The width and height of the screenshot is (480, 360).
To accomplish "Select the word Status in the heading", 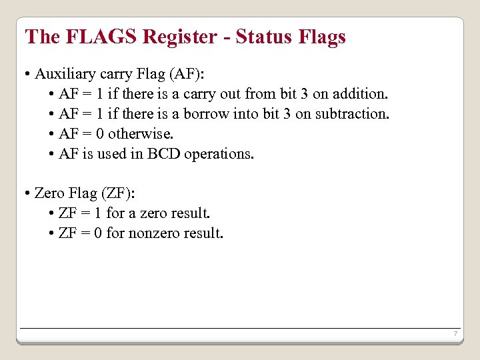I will click(263, 37).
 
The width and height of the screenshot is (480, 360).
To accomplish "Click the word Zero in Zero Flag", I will click(49, 193).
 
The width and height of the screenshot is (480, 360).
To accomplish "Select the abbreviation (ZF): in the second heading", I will click(117, 193).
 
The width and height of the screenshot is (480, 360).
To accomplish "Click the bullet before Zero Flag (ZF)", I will click(26, 194).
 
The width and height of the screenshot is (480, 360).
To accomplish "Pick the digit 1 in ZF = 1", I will click(97, 213).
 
